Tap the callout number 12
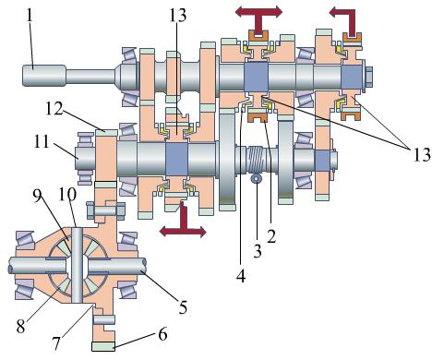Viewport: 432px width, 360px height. pos(54,108)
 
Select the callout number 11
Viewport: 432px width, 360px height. pos(42,142)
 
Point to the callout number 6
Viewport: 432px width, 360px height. pos(162,334)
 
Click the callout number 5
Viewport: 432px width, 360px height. pos(183,306)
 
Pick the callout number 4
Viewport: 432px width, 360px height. pos(241,276)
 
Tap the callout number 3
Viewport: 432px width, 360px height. pos(258,251)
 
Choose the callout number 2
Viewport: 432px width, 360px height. pos(271,236)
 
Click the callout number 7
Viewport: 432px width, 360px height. pos(55,344)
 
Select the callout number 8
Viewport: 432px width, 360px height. pos(20,327)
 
